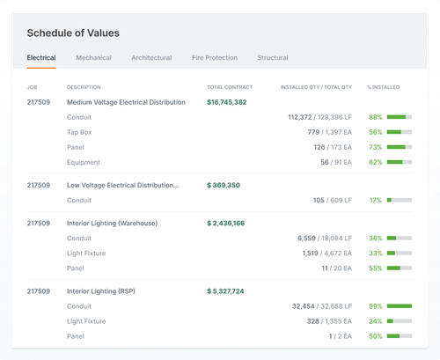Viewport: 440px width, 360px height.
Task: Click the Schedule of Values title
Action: (73, 33)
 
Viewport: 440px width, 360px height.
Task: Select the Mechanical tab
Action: (93, 58)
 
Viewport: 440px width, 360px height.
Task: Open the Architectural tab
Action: (151, 58)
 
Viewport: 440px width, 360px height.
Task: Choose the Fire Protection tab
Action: (215, 58)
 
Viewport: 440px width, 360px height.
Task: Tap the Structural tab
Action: (273, 58)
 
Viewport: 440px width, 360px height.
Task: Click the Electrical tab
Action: (41, 58)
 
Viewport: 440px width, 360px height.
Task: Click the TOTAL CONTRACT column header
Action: (230, 87)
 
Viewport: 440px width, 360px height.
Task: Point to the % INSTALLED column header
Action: (384, 87)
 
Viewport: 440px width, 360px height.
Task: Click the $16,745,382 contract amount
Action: (227, 102)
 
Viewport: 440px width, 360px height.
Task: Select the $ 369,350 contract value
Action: (224, 186)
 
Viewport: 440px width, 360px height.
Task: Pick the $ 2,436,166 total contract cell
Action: (226, 224)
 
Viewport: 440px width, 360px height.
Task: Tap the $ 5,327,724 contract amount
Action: (226, 291)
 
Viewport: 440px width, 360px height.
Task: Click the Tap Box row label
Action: (79, 132)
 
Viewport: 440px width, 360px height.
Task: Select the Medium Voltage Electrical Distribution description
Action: (126, 102)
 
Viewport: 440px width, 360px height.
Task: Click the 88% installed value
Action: (376, 117)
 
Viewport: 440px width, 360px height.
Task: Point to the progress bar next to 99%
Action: (400, 306)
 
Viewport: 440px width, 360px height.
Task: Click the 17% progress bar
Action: (400, 201)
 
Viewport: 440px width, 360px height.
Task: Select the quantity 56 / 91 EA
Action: (336, 162)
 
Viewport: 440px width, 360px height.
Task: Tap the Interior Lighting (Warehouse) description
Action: (112, 224)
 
